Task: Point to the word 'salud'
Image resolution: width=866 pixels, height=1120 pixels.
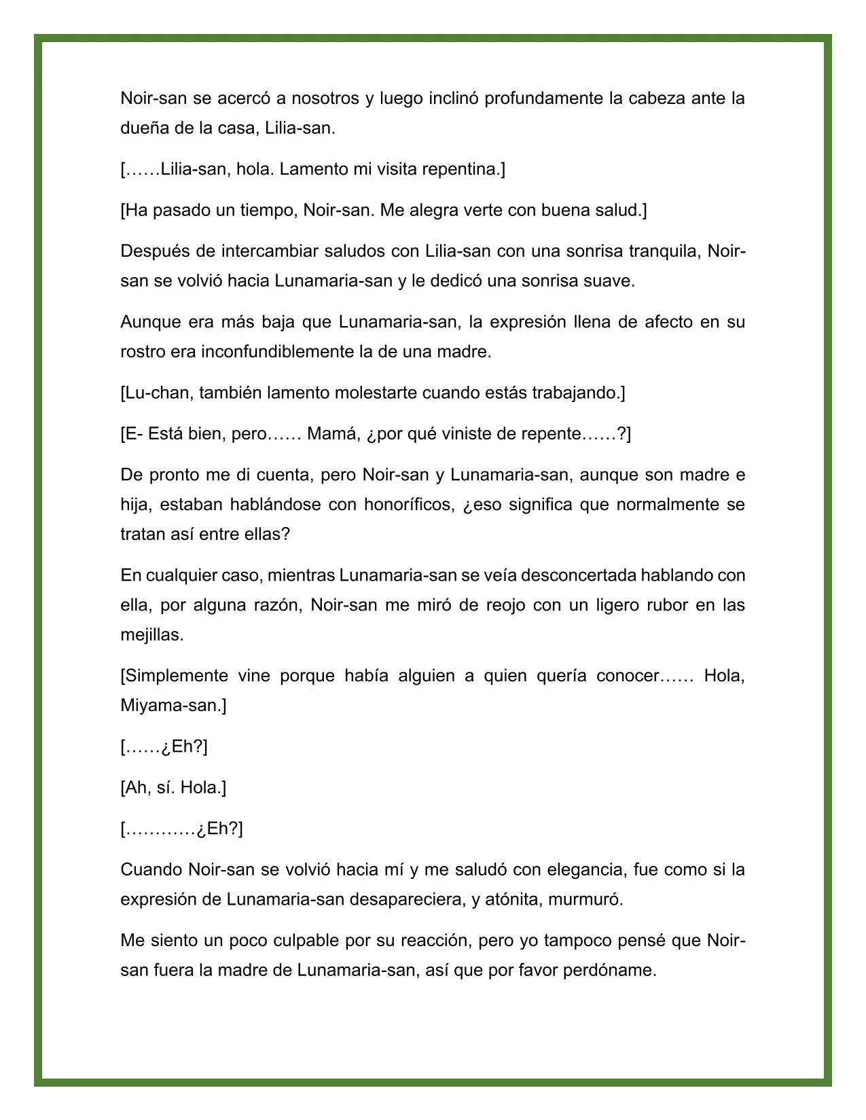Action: click(x=618, y=211)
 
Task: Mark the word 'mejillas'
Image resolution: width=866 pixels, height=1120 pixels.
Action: click(x=151, y=635)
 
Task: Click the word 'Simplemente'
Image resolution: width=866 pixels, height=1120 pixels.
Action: click(x=175, y=676)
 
